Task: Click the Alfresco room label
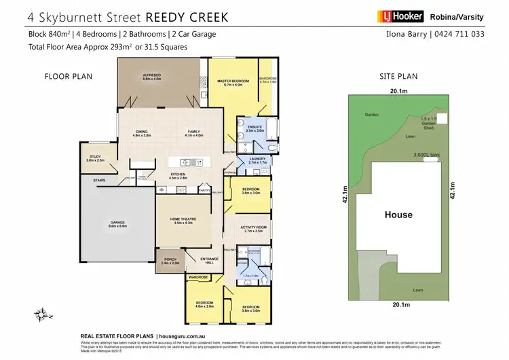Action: click(x=151, y=77)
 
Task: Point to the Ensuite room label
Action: click(x=254, y=128)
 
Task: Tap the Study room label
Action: click(x=96, y=158)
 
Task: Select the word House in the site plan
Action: click(x=398, y=215)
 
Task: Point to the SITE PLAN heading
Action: click(x=398, y=77)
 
